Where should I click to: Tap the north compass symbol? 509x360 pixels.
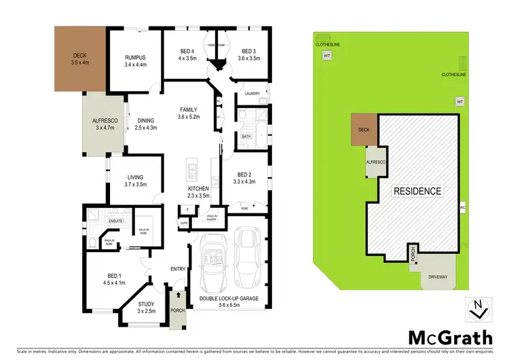tap(477, 309)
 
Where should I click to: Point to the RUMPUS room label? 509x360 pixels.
tap(136, 58)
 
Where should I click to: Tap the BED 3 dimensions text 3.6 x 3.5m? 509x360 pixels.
tap(250, 58)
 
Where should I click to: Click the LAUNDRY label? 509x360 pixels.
tap(253, 94)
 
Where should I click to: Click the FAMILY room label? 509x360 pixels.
tap(189, 109)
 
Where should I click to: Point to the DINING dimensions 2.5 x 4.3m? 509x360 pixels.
tap(146, 127)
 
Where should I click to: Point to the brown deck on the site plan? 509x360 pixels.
tap(364, 130)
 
